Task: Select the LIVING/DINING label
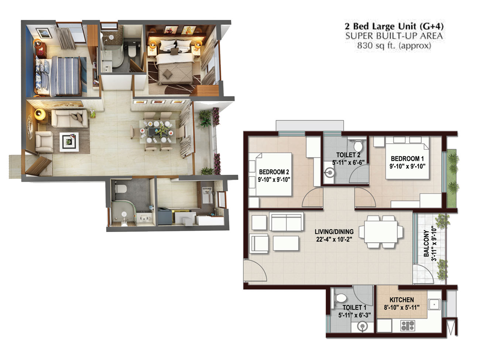(334, 232)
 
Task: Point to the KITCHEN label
(402, 300)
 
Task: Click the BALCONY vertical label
(426, 243)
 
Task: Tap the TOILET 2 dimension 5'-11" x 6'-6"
(348, 163)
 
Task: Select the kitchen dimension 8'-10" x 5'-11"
(402, 307)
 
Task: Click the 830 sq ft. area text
(394, 45)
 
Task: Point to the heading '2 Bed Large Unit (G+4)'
(394, 27)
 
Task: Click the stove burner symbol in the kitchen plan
(407, 325)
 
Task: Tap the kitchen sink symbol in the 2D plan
(435, 304)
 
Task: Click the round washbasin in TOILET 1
(362, 326)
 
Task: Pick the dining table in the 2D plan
(381, 232)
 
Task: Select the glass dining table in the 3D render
(157, 132)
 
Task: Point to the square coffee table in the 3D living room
(69, 142)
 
